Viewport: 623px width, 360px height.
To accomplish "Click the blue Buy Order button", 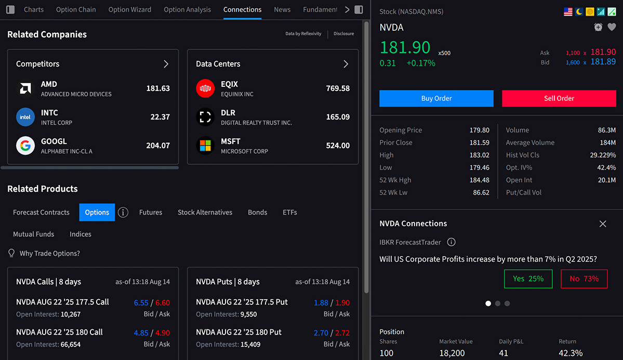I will (x=436, y=98).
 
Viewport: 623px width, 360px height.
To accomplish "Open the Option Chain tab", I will (x=76, y=9).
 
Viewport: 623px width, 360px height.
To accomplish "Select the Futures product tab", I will (x=151, y=212).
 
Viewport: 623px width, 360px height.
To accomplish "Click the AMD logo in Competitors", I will (x=25, y=88).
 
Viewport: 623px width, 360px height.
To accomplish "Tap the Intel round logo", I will (x=25, y=117).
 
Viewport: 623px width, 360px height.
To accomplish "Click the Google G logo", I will (x=25, y=145).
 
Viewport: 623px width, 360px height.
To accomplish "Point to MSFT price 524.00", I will (x=338, y=145).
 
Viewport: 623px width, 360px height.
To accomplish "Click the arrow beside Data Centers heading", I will (x=346, y=64).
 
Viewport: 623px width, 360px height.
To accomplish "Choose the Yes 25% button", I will (x=528, y=278).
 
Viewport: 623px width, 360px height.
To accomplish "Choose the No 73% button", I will (x=584, y=278).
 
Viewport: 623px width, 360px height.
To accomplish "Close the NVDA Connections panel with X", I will (x=603, y=223).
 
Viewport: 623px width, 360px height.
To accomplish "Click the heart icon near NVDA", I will (x=612, y=27).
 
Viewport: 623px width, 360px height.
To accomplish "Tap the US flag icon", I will (x=568, y=11).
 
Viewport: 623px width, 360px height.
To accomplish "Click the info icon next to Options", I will (x=123, y=212).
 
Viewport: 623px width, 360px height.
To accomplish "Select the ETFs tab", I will (x=290, y=212).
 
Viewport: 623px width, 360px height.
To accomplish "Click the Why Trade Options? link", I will (x=49, y=254).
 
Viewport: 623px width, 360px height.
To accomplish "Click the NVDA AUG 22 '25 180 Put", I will (x=238, y=332).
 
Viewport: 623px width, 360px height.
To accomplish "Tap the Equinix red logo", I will (x=205, y=88).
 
